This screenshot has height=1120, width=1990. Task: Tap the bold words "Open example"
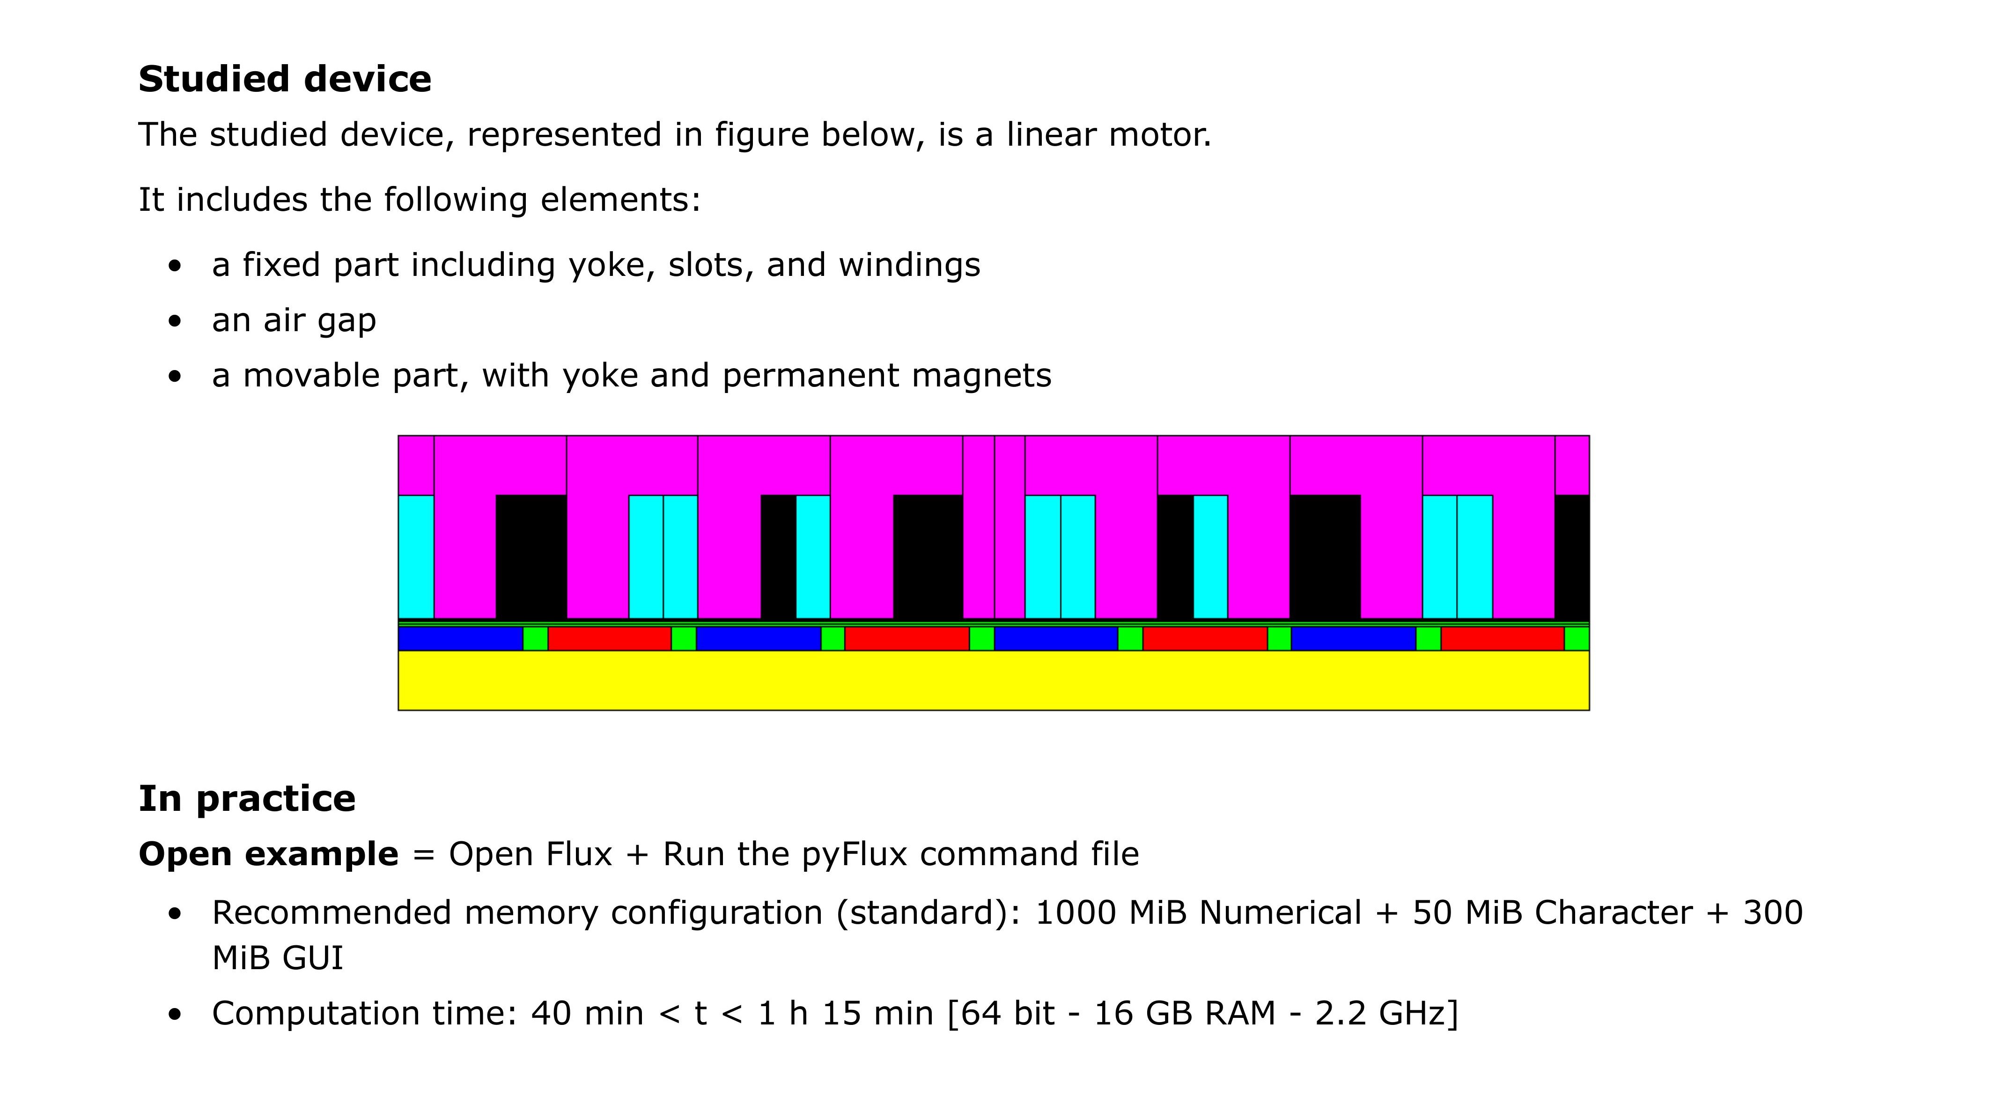(268, 854)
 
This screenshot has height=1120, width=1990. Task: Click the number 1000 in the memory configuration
(1076, 913)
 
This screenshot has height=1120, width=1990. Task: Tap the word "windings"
(909, 265)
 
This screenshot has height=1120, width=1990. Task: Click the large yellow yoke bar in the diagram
(994, 680)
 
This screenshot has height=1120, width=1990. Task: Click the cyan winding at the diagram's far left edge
(416, 556)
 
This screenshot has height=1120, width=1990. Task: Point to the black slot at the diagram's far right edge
(1572, 556)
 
